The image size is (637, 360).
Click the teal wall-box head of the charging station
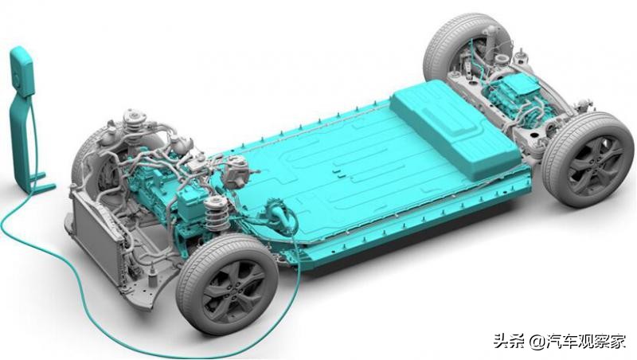pos(21,72)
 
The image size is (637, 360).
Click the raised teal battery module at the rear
pos(454,127)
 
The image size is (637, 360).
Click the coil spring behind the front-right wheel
pos(214,215)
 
